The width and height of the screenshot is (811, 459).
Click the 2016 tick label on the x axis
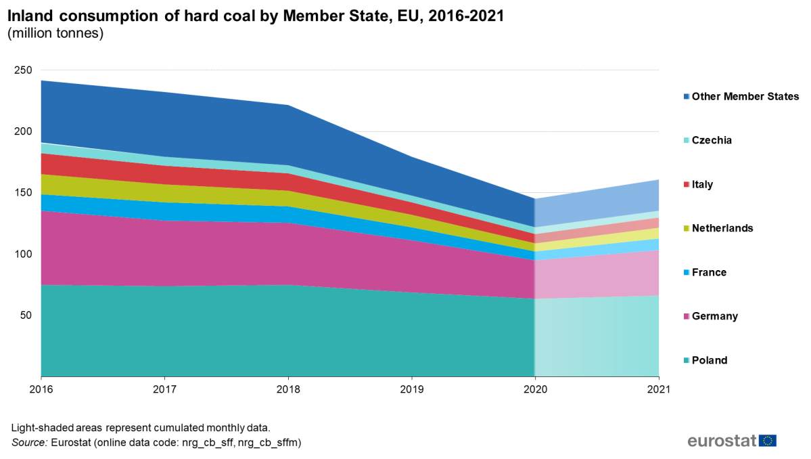point(41,389)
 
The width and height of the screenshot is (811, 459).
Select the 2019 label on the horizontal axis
point(412,389)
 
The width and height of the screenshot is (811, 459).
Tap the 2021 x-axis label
point(658,389)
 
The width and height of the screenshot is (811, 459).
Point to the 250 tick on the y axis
point(24,70)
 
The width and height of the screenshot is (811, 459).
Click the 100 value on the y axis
point(24,254)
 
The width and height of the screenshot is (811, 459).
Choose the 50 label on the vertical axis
point(26,315)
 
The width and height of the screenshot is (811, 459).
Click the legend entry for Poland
point(710,360)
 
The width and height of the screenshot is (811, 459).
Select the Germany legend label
point(715,316)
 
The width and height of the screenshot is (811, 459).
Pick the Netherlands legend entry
point(722,228)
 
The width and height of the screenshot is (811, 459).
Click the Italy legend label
point(702,184)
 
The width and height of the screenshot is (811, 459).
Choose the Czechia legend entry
point(712,140)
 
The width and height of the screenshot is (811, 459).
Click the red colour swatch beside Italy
point(687,184)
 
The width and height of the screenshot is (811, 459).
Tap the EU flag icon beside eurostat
point(768,441)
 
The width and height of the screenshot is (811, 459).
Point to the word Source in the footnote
point(28,443)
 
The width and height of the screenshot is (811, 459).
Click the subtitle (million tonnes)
point(55,34)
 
